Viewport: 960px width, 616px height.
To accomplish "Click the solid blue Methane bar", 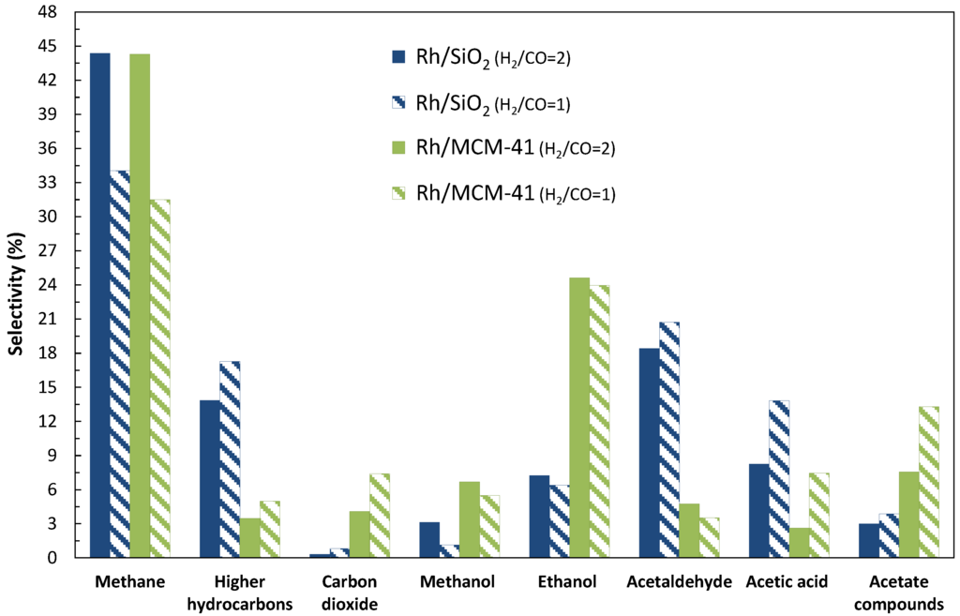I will (x=99, y=305).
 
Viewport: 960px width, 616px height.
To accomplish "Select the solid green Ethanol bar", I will (x=579, y=417).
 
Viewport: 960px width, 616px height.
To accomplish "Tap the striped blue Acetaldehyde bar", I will (x=668, y=440).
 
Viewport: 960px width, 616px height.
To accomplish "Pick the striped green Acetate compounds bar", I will (x=927, y=482).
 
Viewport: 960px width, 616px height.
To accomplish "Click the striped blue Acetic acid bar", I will (x=779, y=479).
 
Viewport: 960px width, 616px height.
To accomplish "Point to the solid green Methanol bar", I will (x=469, y=519).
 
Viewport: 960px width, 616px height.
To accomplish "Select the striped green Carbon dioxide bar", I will (x=380, y=516).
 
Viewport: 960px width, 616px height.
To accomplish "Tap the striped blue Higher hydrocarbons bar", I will (x=230, y=459).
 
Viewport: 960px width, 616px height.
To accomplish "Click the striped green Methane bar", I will (x=159, y=379).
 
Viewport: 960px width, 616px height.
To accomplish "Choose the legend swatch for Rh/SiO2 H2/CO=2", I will (x=398, y=57).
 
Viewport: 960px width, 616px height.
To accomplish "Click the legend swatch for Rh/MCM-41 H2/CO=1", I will (x=398, y=193).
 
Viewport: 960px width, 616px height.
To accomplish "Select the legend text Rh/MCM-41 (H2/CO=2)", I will (x=515, y=148).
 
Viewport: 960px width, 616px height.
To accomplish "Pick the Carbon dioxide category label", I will (x=348, y=593).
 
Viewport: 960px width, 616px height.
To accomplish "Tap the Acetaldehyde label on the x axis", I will (x=680, y=582).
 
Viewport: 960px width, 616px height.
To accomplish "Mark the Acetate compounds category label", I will (x=907, y=593).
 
